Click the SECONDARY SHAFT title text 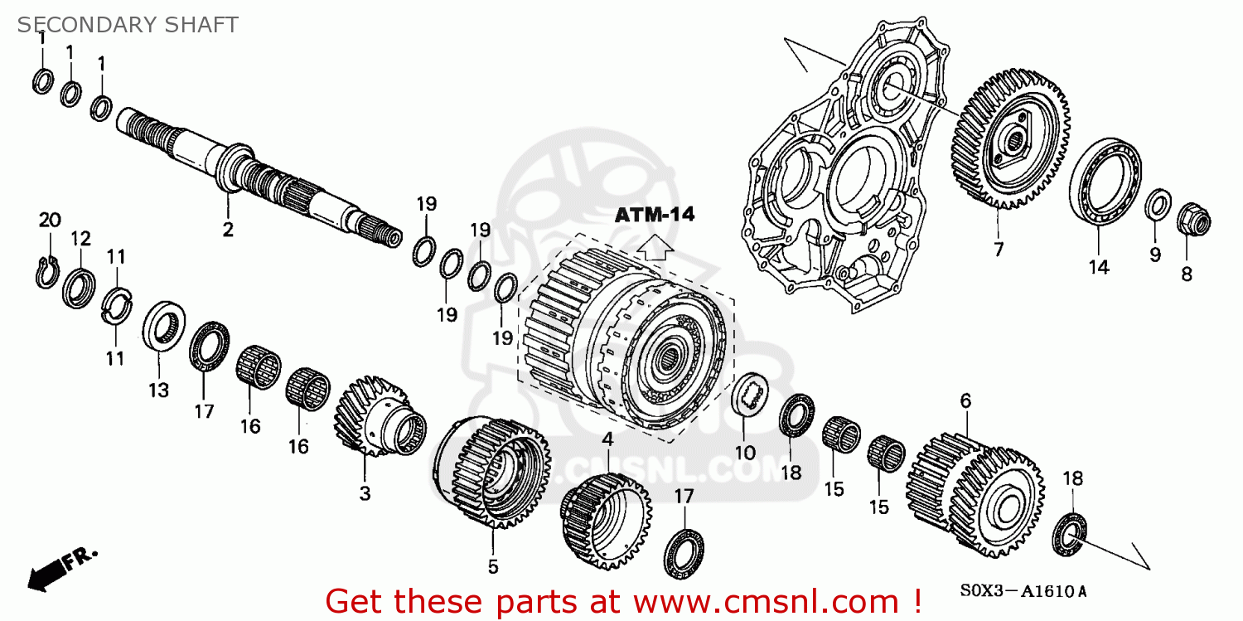point(128,25)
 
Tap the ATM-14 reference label point(654,215)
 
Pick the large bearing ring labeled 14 point(1104,182)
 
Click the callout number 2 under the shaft point(228,230)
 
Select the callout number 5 point(492,567)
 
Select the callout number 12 point(80,239)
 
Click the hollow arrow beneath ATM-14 point(655,247)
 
